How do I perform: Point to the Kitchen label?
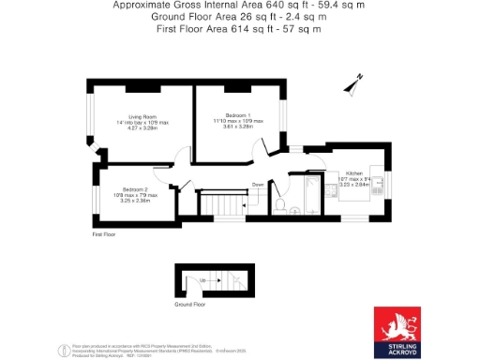pyautogui.click(x=353, y=173)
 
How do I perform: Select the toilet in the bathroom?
pyautogui.click(x=279, y=205)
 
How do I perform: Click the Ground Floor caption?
pyautogui.click(x=191, y=304)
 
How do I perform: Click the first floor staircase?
pyautogui.click(x=223, y=204)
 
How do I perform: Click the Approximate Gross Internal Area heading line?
pyautogui.click(x=239, y=6)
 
